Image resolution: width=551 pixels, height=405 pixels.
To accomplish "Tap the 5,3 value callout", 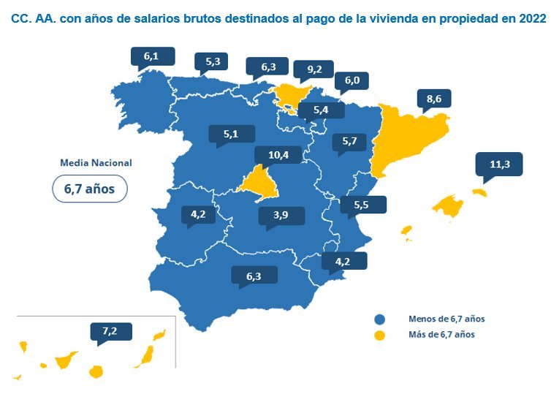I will pos(213,62).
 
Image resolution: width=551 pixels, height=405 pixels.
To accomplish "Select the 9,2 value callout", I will pos(315,70).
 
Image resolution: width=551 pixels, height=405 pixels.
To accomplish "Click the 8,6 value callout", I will pos(433,98).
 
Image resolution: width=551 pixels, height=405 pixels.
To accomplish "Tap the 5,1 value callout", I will pos(232,134).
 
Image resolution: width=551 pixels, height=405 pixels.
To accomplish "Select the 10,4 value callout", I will pos(278,155).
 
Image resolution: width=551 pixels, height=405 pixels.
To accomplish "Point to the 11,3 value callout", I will pos(499,164).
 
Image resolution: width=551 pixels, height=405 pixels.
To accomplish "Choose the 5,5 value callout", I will pos(361,205).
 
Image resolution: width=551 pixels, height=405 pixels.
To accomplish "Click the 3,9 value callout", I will pos(281,216).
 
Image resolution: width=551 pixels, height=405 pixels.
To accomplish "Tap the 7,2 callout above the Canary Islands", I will pos(110,332).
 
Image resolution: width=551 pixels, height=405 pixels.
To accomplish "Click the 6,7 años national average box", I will pos(90,189).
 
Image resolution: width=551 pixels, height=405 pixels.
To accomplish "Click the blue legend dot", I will pos(379,319).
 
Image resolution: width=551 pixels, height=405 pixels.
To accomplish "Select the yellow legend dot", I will pos(379,335).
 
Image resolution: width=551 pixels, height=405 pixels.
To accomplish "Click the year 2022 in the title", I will pos(531,19).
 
